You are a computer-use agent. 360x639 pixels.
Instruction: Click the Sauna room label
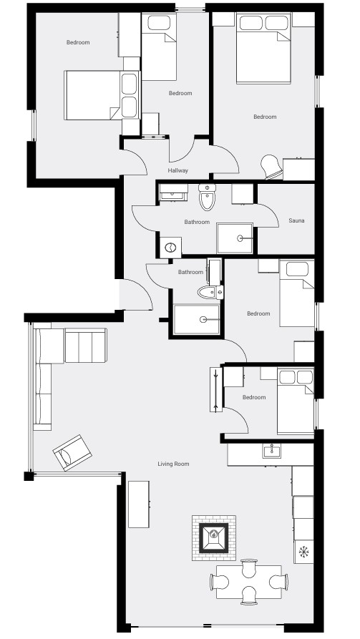(x=296, y=220)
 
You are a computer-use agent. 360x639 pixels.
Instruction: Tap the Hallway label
(x=177, y=170)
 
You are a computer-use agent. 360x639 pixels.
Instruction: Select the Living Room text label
(x=173, y=464)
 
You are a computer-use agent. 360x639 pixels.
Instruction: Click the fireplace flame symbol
(x=214, y=535)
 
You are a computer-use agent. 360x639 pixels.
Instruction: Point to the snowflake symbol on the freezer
(x=303, y=552)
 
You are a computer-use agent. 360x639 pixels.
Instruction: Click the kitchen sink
(x=271, y=451)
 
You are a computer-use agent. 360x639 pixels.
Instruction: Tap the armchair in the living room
(x=72, y=453)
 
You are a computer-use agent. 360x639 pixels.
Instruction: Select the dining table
(x=248, y=582)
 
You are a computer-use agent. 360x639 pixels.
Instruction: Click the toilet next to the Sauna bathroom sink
(x=207, y=197)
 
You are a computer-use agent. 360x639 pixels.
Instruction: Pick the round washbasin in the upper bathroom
(x=170, y=247)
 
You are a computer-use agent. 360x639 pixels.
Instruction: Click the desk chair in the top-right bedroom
(x=272, y=167)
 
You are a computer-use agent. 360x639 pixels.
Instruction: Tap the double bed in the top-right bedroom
(x=263, y=48)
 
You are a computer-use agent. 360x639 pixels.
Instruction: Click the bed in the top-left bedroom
(x=102, y=95)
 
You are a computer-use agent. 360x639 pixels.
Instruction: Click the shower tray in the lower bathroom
(x=197, y=319)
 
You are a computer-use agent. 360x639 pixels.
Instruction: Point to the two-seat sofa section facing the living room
(x=86, y=346)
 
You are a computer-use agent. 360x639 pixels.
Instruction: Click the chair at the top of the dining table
(x=248, y=567)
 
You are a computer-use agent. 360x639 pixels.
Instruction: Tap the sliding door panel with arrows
(x=216, y=389)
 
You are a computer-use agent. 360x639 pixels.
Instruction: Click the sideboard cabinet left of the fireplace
(x=139, y=504)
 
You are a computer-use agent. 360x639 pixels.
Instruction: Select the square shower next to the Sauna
(x=235, y=238)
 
